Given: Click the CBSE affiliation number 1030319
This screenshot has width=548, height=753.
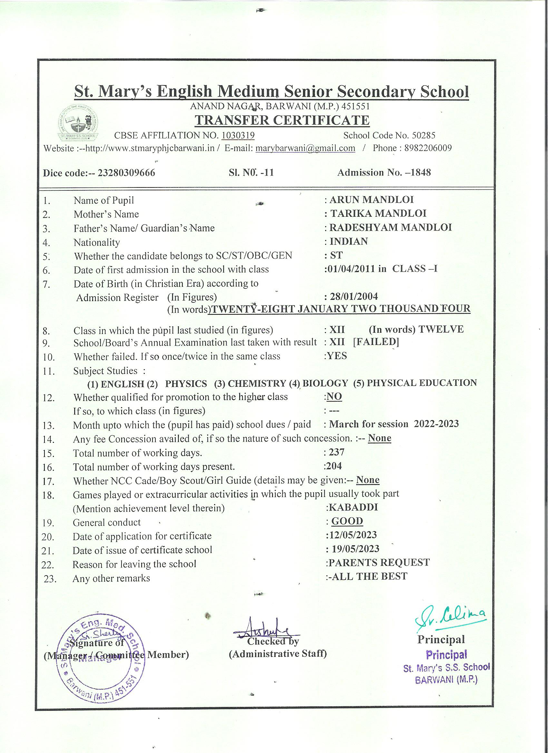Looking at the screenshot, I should tap(238, 135).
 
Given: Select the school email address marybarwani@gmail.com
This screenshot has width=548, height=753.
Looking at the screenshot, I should tap(305, 148).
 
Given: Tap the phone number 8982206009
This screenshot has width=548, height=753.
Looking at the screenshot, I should tap(428, 148).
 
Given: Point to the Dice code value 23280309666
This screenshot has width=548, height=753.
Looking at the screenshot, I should tap(126, 173).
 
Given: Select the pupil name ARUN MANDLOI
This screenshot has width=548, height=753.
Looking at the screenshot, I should tap(372, 200).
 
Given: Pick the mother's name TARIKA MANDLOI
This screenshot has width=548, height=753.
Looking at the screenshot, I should tap(378, 214).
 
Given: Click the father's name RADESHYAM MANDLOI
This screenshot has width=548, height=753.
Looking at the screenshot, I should tap(390, 227).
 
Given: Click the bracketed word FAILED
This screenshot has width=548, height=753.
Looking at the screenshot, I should tap(376, 342).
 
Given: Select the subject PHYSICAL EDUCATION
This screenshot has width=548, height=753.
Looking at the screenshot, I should tap(422, 383).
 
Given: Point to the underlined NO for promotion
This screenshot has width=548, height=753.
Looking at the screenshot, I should tap(334, 396).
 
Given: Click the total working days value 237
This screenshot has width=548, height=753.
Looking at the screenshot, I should tap(337, 452).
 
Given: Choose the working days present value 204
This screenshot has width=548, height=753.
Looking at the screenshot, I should tap(334, 466).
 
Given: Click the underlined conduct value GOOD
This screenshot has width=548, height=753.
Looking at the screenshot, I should tap(347, 521).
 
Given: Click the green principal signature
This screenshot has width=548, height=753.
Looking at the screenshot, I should tap(451, 618).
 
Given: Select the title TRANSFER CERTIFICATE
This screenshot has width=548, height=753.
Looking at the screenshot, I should tap(282, 120).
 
